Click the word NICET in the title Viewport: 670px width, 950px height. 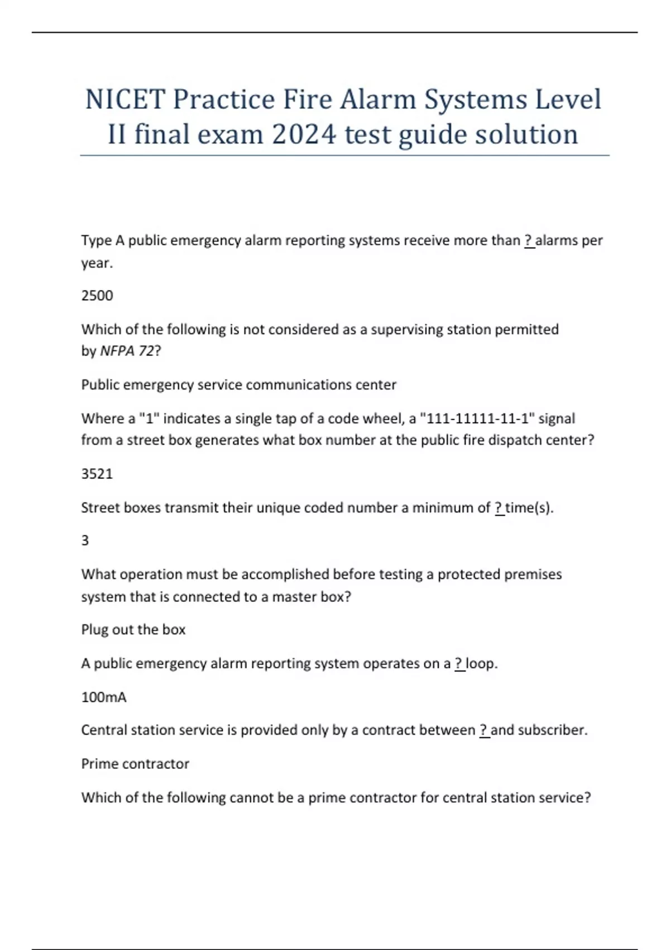tap(125, 99)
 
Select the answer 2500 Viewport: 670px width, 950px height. tap(97, 296)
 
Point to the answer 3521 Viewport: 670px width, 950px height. tap(97, 474)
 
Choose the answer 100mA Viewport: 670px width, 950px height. tap(104, 697)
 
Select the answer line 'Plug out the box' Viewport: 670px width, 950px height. tap(133, 630)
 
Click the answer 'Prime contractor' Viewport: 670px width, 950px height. tap(135, 764)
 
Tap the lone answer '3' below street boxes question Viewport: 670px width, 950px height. tap(85, 540)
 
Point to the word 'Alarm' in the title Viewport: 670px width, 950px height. tap(378, 99)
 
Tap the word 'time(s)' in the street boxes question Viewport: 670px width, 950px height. tap(529, 507)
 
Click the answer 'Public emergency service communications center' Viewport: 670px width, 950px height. tap(239, 385)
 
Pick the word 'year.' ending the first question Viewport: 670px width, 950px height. tap(97, 263)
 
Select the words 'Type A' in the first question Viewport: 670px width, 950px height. tap(103, 240)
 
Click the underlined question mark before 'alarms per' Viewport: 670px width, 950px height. tap(529, 240)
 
